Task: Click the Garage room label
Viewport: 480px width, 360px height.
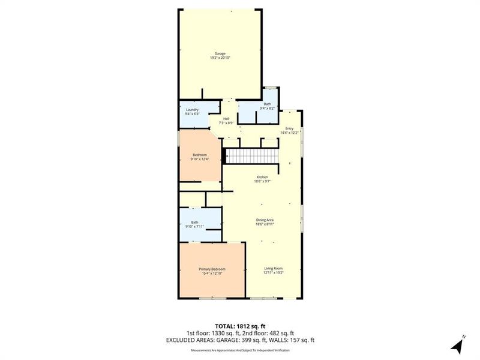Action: (221, 53)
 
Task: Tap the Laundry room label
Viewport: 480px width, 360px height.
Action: (192, 109)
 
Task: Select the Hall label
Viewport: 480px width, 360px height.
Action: (226, 119)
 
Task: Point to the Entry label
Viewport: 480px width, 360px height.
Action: (289, 128)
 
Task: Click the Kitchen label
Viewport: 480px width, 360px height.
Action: (262, 177)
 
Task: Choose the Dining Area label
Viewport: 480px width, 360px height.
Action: (265, 220)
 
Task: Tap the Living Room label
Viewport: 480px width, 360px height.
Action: (273, 268)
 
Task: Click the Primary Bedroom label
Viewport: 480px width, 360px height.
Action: (211, 269)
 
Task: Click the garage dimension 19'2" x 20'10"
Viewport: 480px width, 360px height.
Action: (221, 58)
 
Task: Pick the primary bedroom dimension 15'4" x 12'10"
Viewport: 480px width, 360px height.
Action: (211, 273)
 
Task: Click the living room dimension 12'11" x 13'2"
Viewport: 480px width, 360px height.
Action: (273, 273)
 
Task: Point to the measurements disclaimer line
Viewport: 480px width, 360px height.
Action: (239, 350)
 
